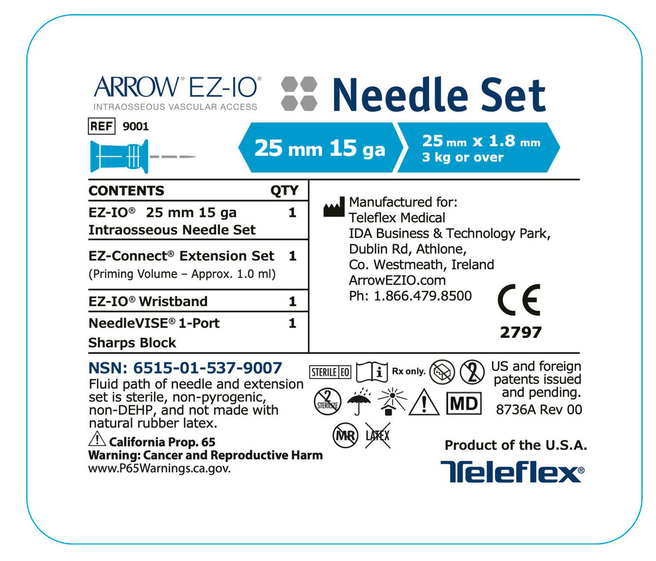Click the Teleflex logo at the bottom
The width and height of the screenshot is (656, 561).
tap(512, 471)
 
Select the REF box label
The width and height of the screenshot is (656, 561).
tap(102, 126)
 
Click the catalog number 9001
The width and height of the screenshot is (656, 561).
tap(136, 126)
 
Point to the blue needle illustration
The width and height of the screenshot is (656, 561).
tap(142, 157)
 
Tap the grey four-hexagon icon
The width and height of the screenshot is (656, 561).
tap(299, 93)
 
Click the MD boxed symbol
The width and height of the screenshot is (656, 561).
tap(464, 404)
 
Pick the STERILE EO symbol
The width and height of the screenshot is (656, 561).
tap(330, 372)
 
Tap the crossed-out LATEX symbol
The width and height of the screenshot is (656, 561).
tap(377, 436)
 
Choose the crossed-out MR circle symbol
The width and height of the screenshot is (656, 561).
tap(345, 436)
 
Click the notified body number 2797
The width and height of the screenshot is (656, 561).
tap(520, 332)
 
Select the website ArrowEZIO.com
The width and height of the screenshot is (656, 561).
tap(397, 280)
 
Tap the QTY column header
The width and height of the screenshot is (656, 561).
tap(284, 190)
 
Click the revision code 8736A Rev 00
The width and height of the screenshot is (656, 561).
tap(538, 409)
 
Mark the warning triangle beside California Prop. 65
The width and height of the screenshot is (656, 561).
tap(97, 439)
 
